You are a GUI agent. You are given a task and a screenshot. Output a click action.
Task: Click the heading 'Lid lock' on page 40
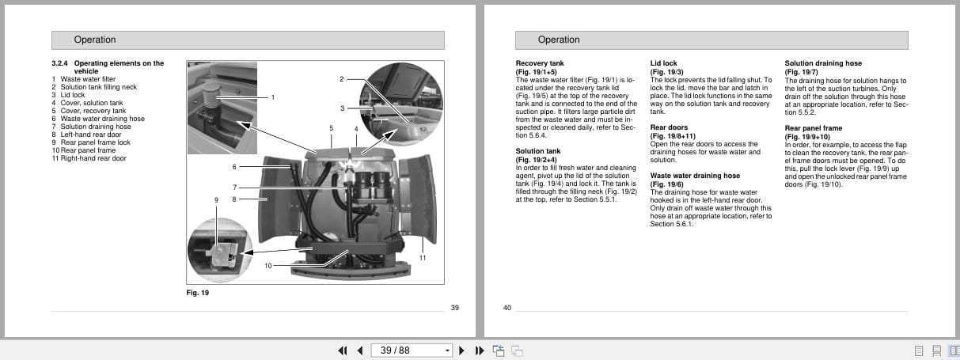[663, 63]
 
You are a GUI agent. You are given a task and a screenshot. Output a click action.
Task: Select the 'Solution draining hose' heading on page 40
[823, 63]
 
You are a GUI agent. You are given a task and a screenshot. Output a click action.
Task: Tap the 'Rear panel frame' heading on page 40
[813, 128]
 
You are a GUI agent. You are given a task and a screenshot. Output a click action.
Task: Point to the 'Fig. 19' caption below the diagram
[196, 293]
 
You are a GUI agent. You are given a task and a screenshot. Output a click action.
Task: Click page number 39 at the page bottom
[454, 308]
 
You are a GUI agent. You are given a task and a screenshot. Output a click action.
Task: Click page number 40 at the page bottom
[507, 308]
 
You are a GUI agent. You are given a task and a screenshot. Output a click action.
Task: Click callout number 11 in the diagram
[423, 258]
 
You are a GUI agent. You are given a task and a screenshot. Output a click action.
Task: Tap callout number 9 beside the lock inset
[216, 200]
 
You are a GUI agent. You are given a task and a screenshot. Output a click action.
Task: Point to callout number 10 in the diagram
[268, 266]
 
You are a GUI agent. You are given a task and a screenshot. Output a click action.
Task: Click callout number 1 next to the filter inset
[272, 97]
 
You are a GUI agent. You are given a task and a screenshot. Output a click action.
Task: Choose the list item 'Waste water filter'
[88, 79]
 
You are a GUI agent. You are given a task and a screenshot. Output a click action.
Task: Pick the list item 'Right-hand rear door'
[93, 158]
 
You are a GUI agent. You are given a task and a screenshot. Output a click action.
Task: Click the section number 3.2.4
[60, 63]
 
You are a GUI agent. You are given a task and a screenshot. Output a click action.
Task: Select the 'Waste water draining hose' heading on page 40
[695, 176]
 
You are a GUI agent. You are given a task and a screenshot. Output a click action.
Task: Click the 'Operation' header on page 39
[95, 40]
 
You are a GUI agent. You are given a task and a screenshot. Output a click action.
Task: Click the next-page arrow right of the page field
[461, 351]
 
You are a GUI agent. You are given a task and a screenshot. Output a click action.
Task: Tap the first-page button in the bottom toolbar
[343, 351]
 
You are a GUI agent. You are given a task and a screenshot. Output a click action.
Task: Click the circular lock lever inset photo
[219, 251]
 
